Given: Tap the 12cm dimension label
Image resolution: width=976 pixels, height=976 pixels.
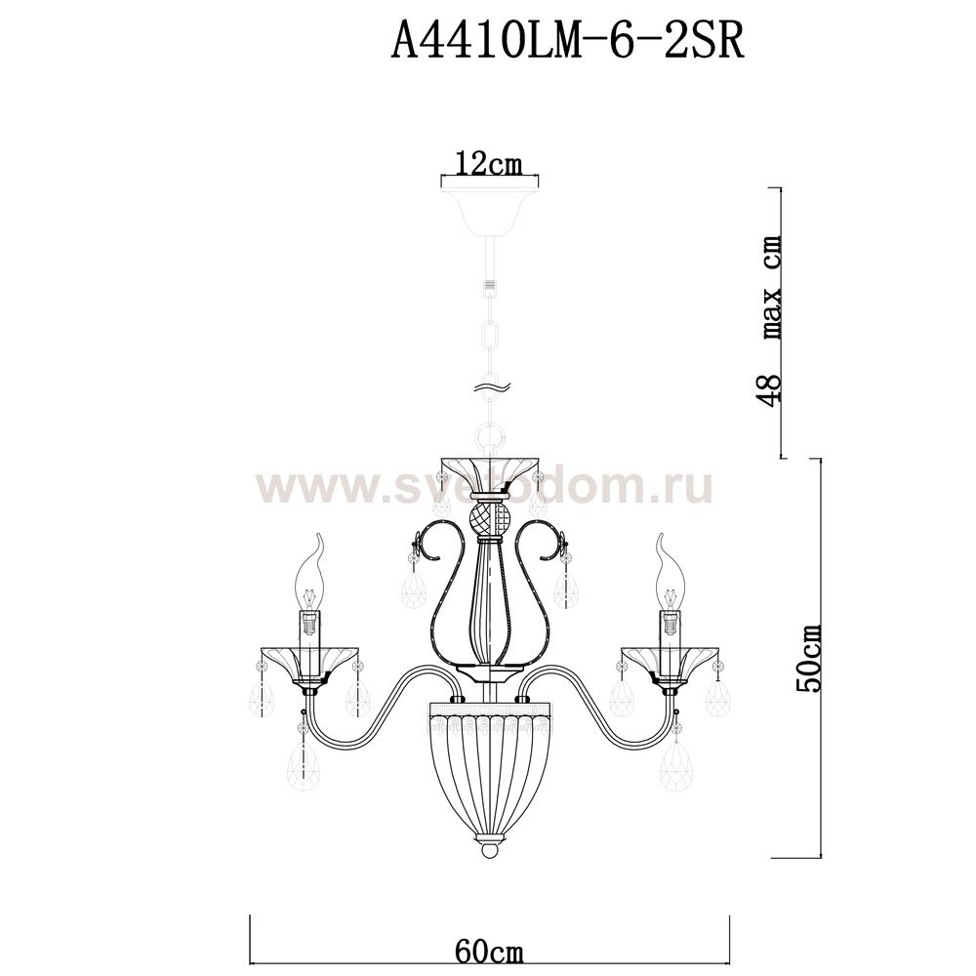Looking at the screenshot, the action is point(489,164).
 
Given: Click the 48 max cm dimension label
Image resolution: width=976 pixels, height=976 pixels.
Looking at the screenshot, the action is point(771,321).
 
